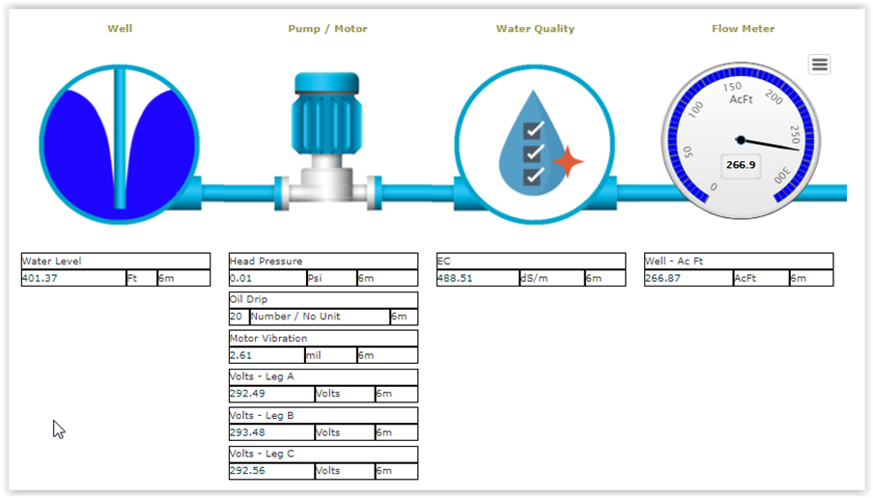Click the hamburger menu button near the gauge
tap(819, 65)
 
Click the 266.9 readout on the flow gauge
tap(741, 165)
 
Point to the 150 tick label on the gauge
tap(732, 87)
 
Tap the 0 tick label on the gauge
tap(714, 187)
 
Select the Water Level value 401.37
tap(40, 278)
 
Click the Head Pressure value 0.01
tap(241, 278)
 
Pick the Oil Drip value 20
tap(236, 317)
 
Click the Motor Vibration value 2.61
tap(241, 355)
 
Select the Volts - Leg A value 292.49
tap(248, 394)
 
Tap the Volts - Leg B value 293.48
tap(248, 432)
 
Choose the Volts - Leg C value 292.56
tap(248, 471)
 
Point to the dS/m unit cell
tap(551, 278)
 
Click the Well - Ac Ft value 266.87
tap(662, 278)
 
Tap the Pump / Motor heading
tap(327, 29)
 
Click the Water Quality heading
tap(535, 29)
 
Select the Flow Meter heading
tap(743, 29)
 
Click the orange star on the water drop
tap(568, 162)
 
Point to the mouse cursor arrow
tap(59, 429)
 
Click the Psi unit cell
tap(331, 278)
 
